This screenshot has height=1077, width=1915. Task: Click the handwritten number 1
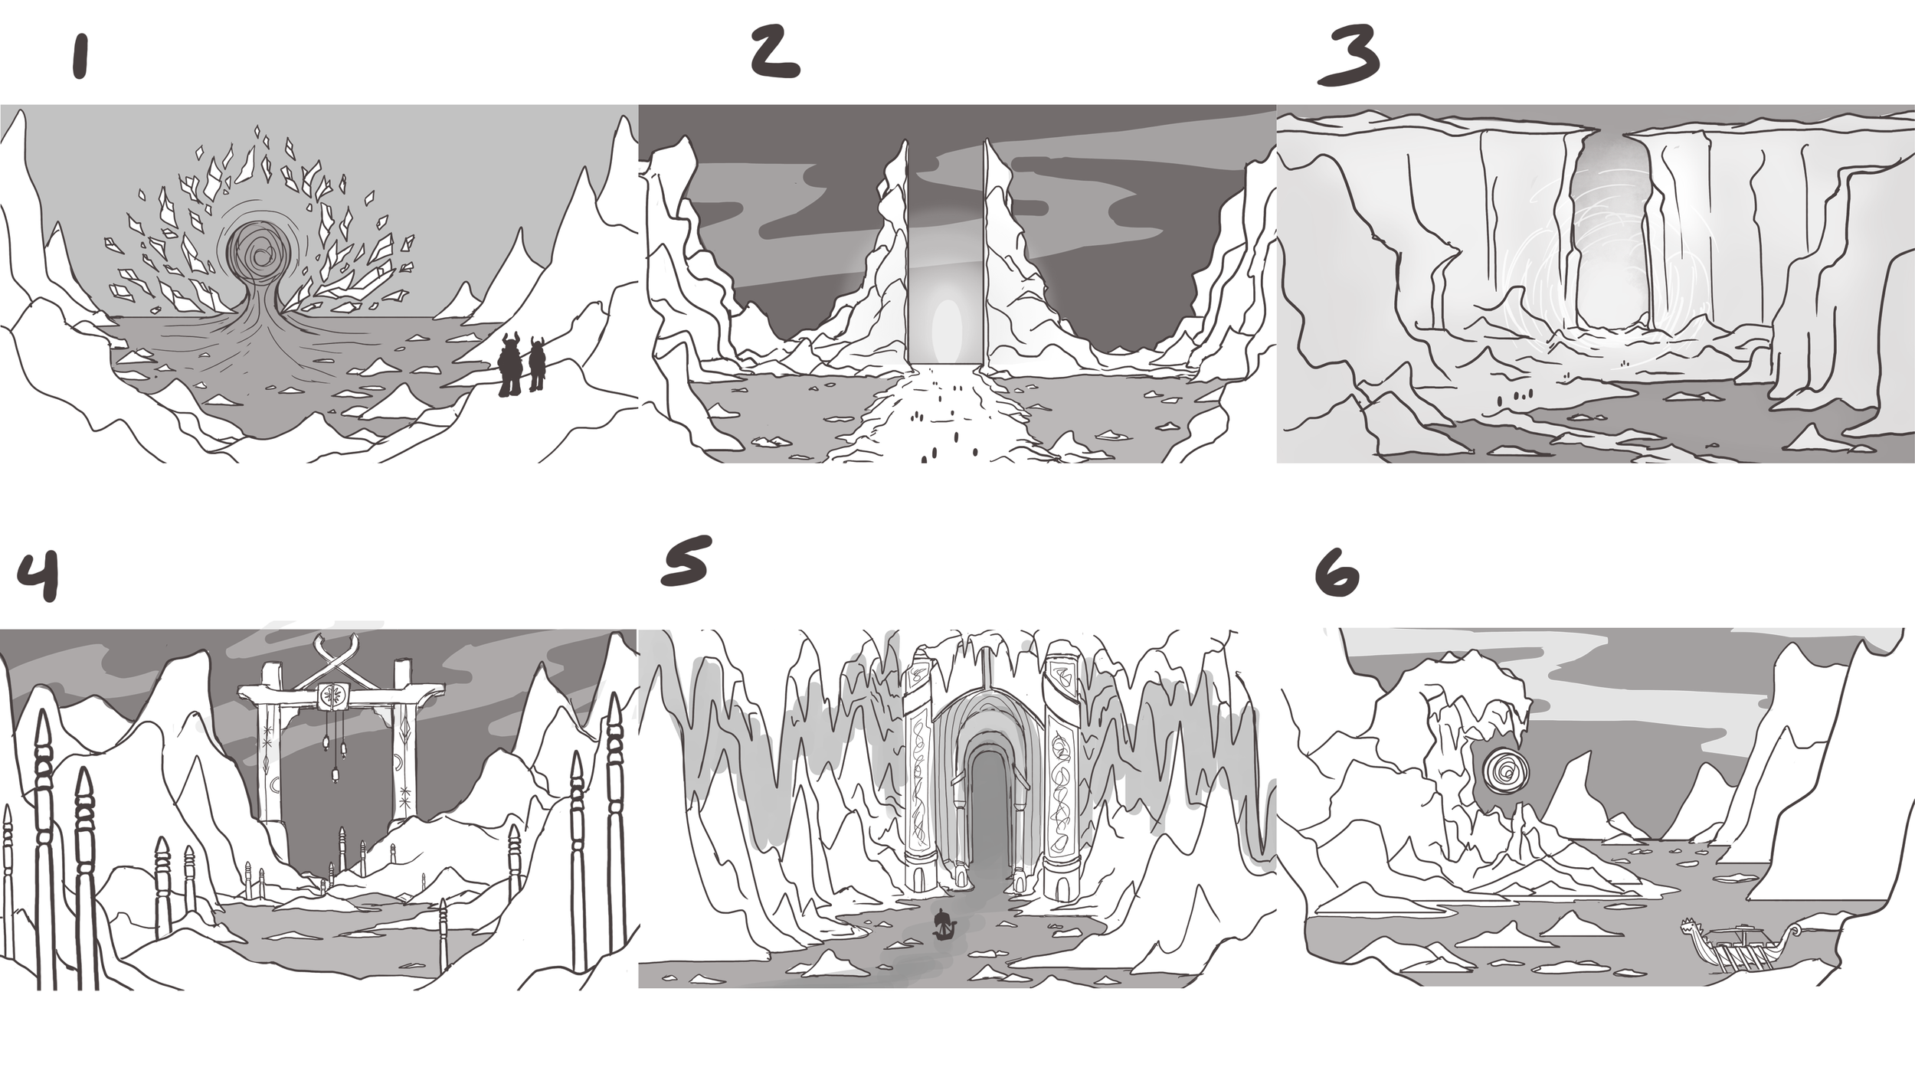(80, 57)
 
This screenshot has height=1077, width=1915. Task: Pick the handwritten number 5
(686, 561)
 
